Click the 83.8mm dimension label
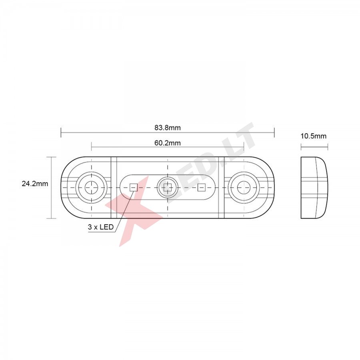167,128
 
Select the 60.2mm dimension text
167,143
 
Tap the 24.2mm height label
35,184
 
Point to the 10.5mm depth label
314,136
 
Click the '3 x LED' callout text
100,227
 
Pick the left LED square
134,187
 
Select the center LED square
167,187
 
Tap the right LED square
201,187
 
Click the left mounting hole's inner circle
91,187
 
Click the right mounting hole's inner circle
244,187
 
